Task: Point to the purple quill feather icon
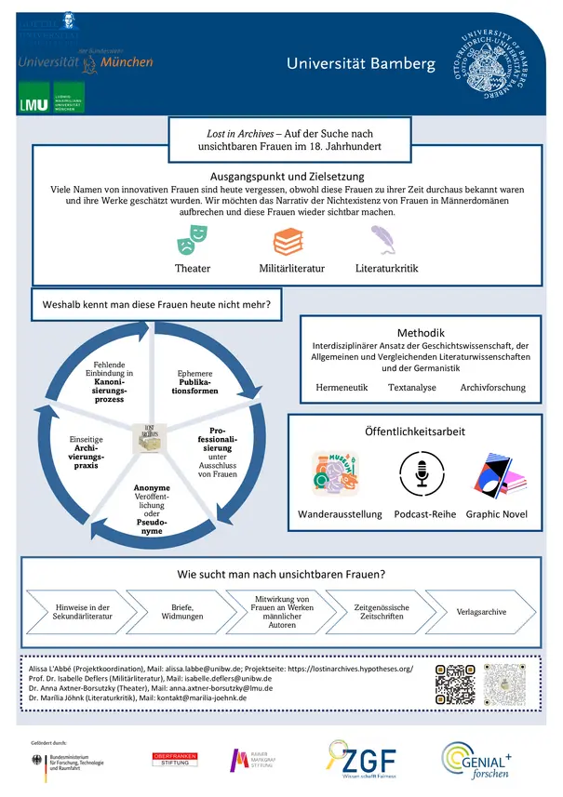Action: pos(384,241)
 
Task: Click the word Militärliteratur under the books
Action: pos(291,269)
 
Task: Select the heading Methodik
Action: pos(421,333)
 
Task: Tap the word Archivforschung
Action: pos(493,387)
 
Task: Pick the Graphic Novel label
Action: pos(496,513)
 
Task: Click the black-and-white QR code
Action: pos(455,684)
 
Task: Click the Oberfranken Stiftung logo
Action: pos(177,760)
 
